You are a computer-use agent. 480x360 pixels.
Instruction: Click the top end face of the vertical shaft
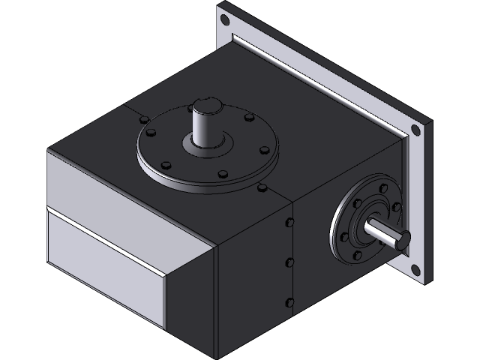[x=205, y=106]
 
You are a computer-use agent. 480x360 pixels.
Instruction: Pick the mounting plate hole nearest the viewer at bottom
[x=413, y=268]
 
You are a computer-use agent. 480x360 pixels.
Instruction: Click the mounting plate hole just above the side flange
[x=415, y=131]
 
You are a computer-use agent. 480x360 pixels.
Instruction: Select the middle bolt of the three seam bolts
[x=289, y=262]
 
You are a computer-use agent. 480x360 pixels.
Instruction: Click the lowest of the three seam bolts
[x=289, y=302]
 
